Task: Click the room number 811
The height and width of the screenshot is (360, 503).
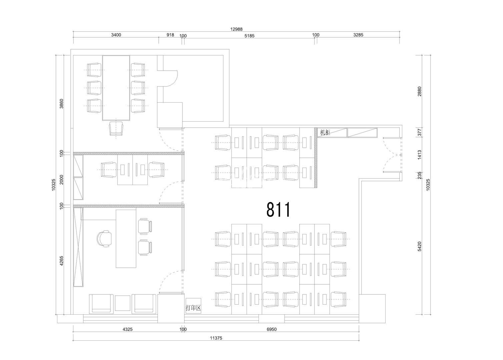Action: click(279, 209)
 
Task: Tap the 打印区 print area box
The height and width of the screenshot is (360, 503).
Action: click(193, 306)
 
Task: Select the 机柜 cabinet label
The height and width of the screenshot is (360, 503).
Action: click(325, 132)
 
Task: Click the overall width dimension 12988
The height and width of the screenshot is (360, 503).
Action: click(236, 29)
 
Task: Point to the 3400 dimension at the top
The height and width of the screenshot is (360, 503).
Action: click(116, 35)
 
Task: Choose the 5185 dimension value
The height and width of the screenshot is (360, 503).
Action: click(249, 36)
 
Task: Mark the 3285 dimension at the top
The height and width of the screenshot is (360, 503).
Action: click(358, 35)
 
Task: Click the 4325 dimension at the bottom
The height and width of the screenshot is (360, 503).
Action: click(127, 329)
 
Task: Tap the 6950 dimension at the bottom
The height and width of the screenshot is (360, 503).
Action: click(272, 329)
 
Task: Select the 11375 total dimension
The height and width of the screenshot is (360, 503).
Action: click(216, 338)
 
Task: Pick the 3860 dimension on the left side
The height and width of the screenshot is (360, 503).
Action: click(61, 103)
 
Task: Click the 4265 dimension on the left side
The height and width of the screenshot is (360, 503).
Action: click(61, 261)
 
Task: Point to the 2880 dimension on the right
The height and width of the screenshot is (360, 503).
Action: click(420, 92)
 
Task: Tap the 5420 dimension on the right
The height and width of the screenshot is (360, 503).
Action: click(420, 246)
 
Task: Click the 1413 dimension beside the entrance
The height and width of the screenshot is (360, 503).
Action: click(420, 155)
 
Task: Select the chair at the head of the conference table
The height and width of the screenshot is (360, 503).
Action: click(116, 128)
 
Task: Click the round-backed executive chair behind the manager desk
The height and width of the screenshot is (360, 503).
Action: click(104, 239)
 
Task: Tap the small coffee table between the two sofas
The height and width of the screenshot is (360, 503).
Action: click(123, 303)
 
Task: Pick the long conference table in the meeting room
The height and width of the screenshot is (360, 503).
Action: click(116, 88)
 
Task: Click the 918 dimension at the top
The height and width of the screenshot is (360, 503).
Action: click(170, 35)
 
